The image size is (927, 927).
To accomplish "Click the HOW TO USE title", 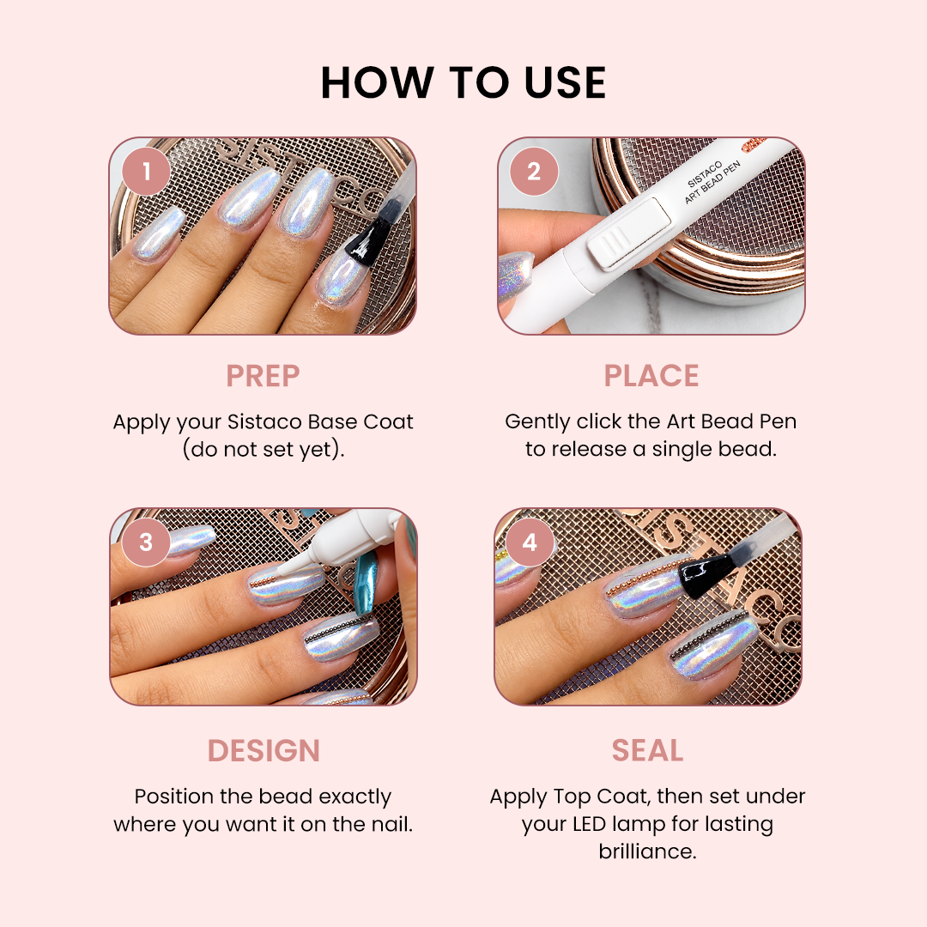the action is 463,82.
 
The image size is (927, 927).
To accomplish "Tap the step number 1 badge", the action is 146,172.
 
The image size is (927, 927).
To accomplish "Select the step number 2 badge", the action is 534,172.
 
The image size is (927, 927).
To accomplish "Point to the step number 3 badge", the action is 146,542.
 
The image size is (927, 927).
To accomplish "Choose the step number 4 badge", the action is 530,542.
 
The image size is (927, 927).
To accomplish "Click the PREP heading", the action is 264,376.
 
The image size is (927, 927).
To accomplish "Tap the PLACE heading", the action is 651,376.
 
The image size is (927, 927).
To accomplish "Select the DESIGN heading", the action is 264,751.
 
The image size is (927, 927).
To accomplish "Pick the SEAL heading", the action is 647,751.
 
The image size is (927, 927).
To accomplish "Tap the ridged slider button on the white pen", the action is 627,233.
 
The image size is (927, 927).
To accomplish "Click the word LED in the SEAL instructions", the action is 590,823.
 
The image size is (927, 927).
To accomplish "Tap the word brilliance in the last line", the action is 647,851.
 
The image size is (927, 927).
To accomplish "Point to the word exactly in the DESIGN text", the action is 354,797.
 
